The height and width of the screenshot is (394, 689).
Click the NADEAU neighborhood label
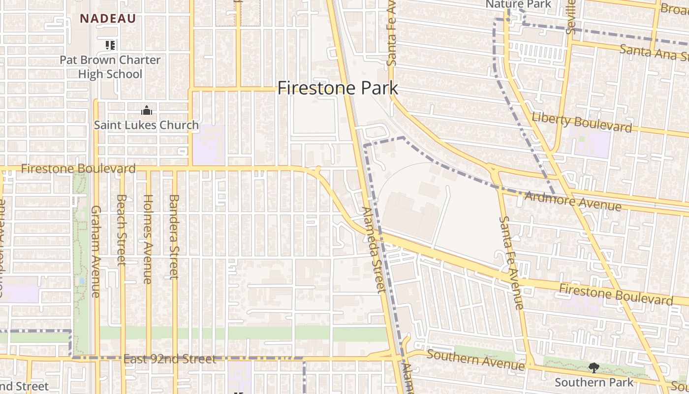[x=108, y=19]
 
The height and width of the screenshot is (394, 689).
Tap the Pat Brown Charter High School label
[x=110, y=67]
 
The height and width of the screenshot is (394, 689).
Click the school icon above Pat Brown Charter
[x=110, y=45]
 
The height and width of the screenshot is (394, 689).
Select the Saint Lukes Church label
[x=146, y=125]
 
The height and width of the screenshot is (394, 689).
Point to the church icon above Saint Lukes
[x=146, y=110]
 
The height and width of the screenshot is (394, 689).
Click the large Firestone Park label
[x=338, y=88]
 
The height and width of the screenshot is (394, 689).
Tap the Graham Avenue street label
[x=95, y=251]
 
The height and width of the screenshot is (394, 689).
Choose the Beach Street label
[x=122, y=230]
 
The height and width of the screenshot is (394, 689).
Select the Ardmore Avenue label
[x=572, y=200]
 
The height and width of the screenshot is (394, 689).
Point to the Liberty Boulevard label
[x=582, y=122]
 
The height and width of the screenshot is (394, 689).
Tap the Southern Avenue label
[x=475, y=360]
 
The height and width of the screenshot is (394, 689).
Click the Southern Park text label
[x=594, y=382]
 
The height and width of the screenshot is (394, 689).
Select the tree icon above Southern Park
[x=594, y=367]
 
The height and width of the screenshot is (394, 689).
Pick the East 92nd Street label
[x=169, y=359]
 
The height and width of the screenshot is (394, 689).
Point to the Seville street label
[x=571, y=17]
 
